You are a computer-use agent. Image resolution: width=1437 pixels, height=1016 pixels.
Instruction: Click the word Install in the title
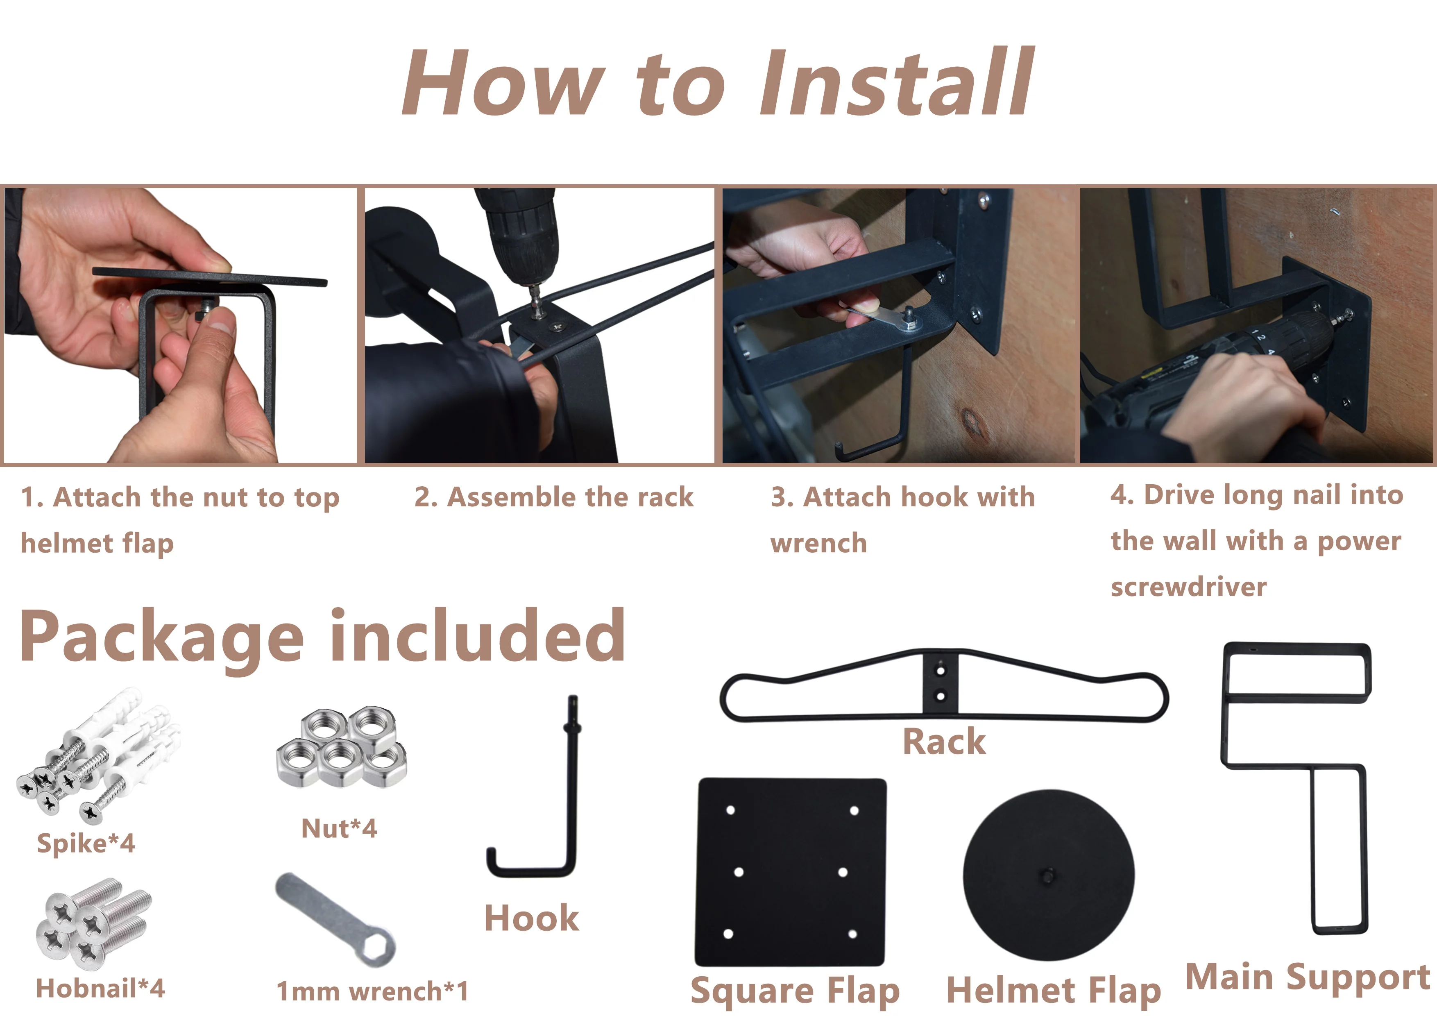pos(897,82)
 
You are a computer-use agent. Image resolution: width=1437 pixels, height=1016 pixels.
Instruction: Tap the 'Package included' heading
pos(323,637)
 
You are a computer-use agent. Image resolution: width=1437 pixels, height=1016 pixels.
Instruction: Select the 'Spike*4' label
pos(86,843)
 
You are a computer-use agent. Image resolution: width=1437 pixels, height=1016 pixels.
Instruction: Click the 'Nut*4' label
pos(339,828)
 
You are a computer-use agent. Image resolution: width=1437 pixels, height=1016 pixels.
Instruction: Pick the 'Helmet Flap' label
pos(1054,991)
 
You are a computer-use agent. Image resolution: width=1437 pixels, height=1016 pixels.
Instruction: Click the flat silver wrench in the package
pos(335,920)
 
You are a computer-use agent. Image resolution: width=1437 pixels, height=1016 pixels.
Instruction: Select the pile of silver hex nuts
pos(342,746)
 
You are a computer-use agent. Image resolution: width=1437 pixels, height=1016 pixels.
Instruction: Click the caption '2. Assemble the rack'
pos(554,497)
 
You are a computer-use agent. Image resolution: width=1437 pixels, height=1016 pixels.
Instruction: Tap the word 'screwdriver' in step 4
pos(1188,587)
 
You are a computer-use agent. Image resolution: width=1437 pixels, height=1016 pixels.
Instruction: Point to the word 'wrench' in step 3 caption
pos(818,543)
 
